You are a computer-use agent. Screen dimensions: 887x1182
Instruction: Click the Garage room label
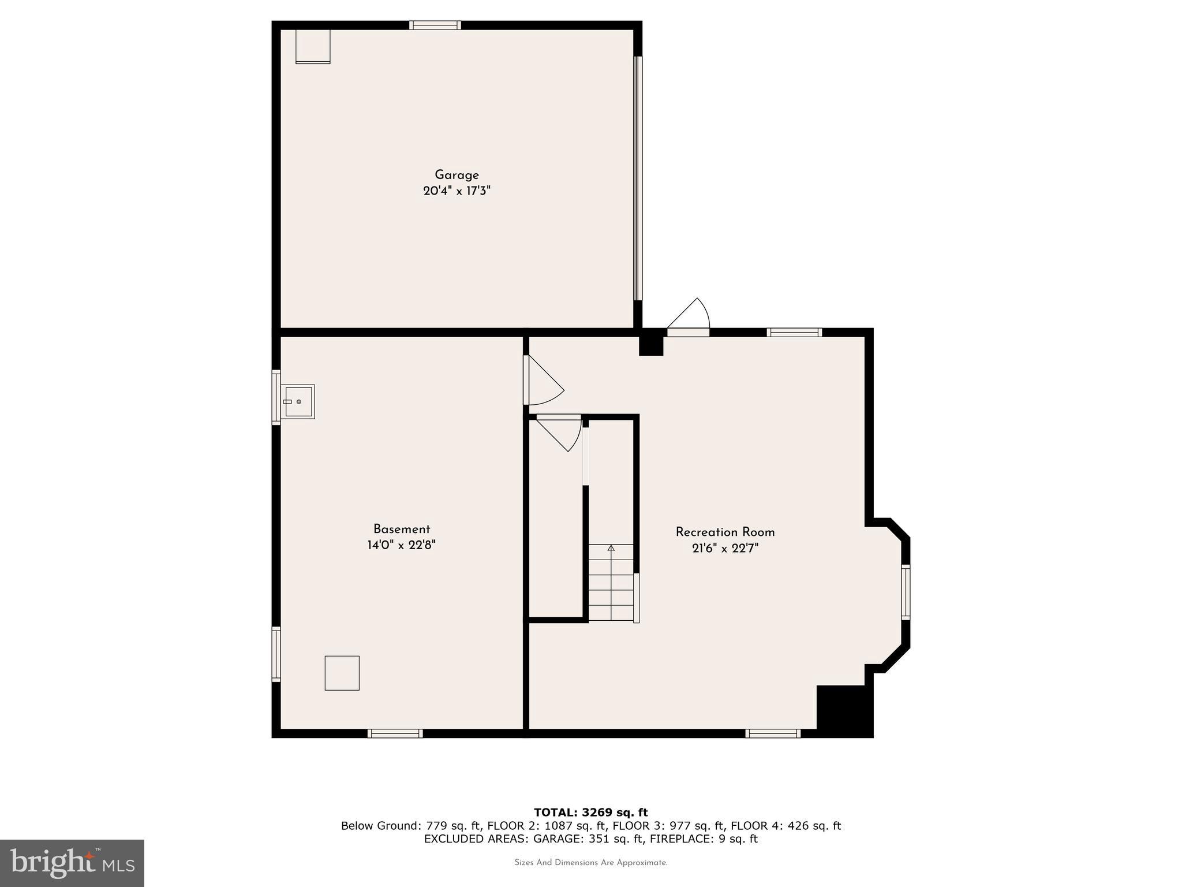[x=457, y=175]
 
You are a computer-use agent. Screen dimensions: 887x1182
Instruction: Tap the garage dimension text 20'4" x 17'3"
[x=457, y=191]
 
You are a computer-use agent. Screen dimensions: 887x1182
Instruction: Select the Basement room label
[x=401, y=529]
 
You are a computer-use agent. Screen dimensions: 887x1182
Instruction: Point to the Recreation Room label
[x=725, y=532]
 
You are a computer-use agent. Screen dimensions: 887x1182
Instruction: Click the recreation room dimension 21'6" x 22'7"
[x=725, y=548]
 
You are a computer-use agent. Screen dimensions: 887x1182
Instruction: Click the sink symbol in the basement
[x=298, y=401]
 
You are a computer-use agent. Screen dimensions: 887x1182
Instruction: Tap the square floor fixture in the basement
[x=342, y=673]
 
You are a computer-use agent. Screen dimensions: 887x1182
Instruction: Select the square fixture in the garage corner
[x=313, y=46]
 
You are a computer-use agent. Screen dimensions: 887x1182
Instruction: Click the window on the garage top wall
[x=435, y=25]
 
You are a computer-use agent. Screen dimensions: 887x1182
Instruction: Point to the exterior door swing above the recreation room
[x=690, y=316]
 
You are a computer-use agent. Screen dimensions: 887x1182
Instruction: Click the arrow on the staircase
[x=611, y=547]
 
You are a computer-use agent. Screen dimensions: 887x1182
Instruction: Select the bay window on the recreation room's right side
[x=906, y=592]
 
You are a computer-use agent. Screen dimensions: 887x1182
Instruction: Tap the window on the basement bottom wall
[x=395, y=733]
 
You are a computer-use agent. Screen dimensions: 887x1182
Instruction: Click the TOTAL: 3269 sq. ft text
[x=590, y=813]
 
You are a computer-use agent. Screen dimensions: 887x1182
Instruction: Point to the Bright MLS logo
[x=72, y=863]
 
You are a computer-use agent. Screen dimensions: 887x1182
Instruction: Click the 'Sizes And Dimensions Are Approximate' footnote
[x=590, y=863]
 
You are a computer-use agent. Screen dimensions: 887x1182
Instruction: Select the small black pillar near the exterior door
[x=651, y=345]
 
